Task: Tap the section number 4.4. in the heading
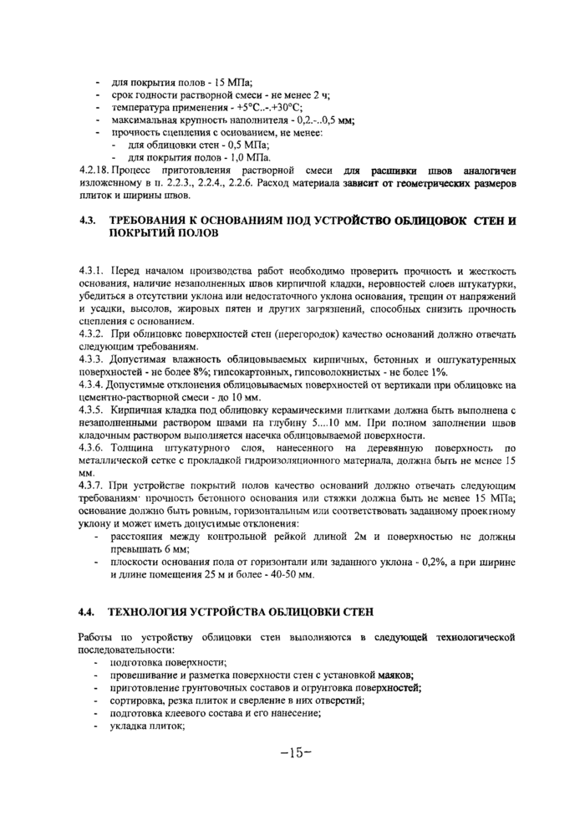tap(86, 613)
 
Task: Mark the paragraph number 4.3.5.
tap(91, 410)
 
